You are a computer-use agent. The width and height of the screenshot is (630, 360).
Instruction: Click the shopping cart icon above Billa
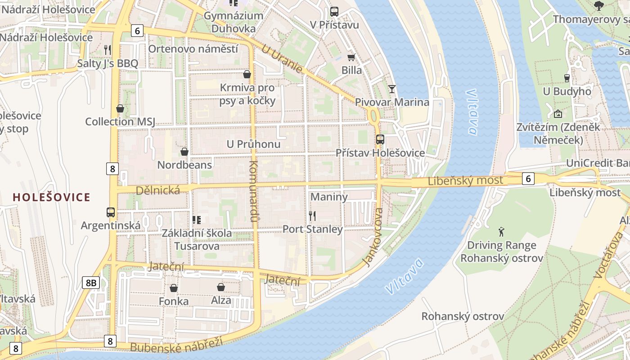[351, 57]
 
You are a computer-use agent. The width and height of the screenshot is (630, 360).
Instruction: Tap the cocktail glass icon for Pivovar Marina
[392, 89]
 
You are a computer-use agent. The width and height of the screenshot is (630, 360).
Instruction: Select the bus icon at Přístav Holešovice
[380, 139]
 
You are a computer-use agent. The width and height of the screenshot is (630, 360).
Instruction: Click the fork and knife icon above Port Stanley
[312, 216]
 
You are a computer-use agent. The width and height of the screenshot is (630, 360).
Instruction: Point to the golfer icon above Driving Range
[501, 232]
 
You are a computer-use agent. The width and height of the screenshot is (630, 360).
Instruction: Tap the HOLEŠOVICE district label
[52, 197]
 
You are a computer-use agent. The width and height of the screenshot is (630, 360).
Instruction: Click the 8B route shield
[91, 283]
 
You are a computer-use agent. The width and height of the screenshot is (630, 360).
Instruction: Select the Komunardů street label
[253, 191]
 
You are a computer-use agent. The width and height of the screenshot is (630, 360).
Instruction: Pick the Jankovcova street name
[373, 237]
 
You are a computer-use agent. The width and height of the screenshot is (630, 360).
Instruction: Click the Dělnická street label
[158, 190]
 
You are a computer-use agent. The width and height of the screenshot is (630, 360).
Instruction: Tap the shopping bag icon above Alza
[221, 287]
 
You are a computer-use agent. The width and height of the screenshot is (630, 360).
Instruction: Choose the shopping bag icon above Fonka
[174, 288]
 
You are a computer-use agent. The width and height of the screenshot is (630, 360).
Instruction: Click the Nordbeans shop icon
[184, 152]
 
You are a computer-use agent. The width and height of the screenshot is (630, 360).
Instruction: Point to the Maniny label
[329, 197]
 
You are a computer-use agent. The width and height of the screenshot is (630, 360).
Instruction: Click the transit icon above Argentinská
[110, 212]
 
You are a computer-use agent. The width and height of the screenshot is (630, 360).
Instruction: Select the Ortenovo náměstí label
[193, 49]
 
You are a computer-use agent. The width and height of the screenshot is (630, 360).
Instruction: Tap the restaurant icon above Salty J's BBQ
[107, 49]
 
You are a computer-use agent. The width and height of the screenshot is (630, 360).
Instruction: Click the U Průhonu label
[253, 144]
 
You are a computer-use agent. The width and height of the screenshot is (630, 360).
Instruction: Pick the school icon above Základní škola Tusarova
[197, 220]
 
